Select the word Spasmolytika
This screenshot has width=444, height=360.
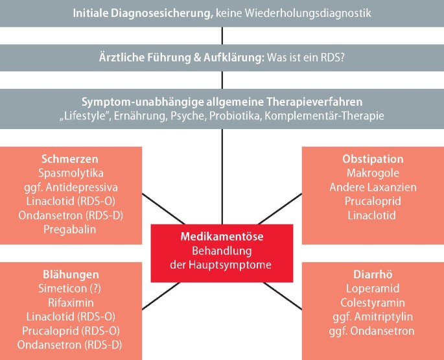click(x=71, y=173)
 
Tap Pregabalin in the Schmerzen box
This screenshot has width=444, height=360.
click(x=71, y=229)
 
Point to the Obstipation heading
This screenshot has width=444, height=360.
click(x=373, y=159)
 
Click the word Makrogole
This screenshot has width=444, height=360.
click(x=373, y=173)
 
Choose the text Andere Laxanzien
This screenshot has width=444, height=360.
click(x=373, y=187)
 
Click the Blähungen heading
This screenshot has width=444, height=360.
click(x=71, y=274)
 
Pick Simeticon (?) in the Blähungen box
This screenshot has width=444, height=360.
click(x=71, y=289)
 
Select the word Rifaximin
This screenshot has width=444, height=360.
click(x=71, y=303)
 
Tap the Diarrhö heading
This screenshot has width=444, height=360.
click(x=373, y=274)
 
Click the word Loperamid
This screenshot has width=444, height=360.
click(x=373, y=289)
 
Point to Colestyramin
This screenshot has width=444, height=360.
click(x=373, y=303)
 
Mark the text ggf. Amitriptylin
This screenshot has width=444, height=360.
click(x=373, y=317)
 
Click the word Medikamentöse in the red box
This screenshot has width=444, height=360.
click(x=222, y=237)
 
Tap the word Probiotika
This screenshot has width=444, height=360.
click(x=259, y=116)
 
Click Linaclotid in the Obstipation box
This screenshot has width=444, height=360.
click(x=373, y=215)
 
